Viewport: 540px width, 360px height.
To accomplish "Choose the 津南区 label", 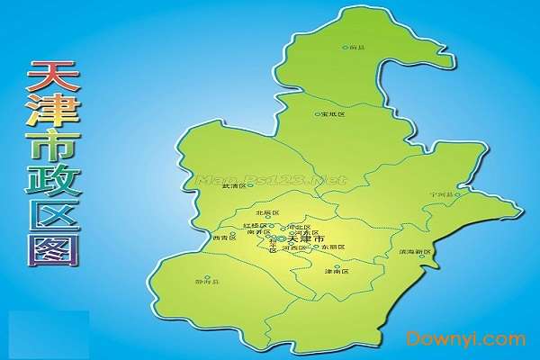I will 336,271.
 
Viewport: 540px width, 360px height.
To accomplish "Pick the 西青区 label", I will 222,238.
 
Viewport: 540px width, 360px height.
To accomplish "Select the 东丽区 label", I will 337,247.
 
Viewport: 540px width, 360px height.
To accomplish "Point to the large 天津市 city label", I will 306,238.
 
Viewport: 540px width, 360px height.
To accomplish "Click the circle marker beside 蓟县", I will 345,47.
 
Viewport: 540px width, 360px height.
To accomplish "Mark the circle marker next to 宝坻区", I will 318,114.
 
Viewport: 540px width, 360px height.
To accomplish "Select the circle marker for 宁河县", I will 458,193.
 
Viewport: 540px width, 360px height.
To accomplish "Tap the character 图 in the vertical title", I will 53,246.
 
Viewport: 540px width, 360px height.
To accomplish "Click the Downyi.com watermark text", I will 465,339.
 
